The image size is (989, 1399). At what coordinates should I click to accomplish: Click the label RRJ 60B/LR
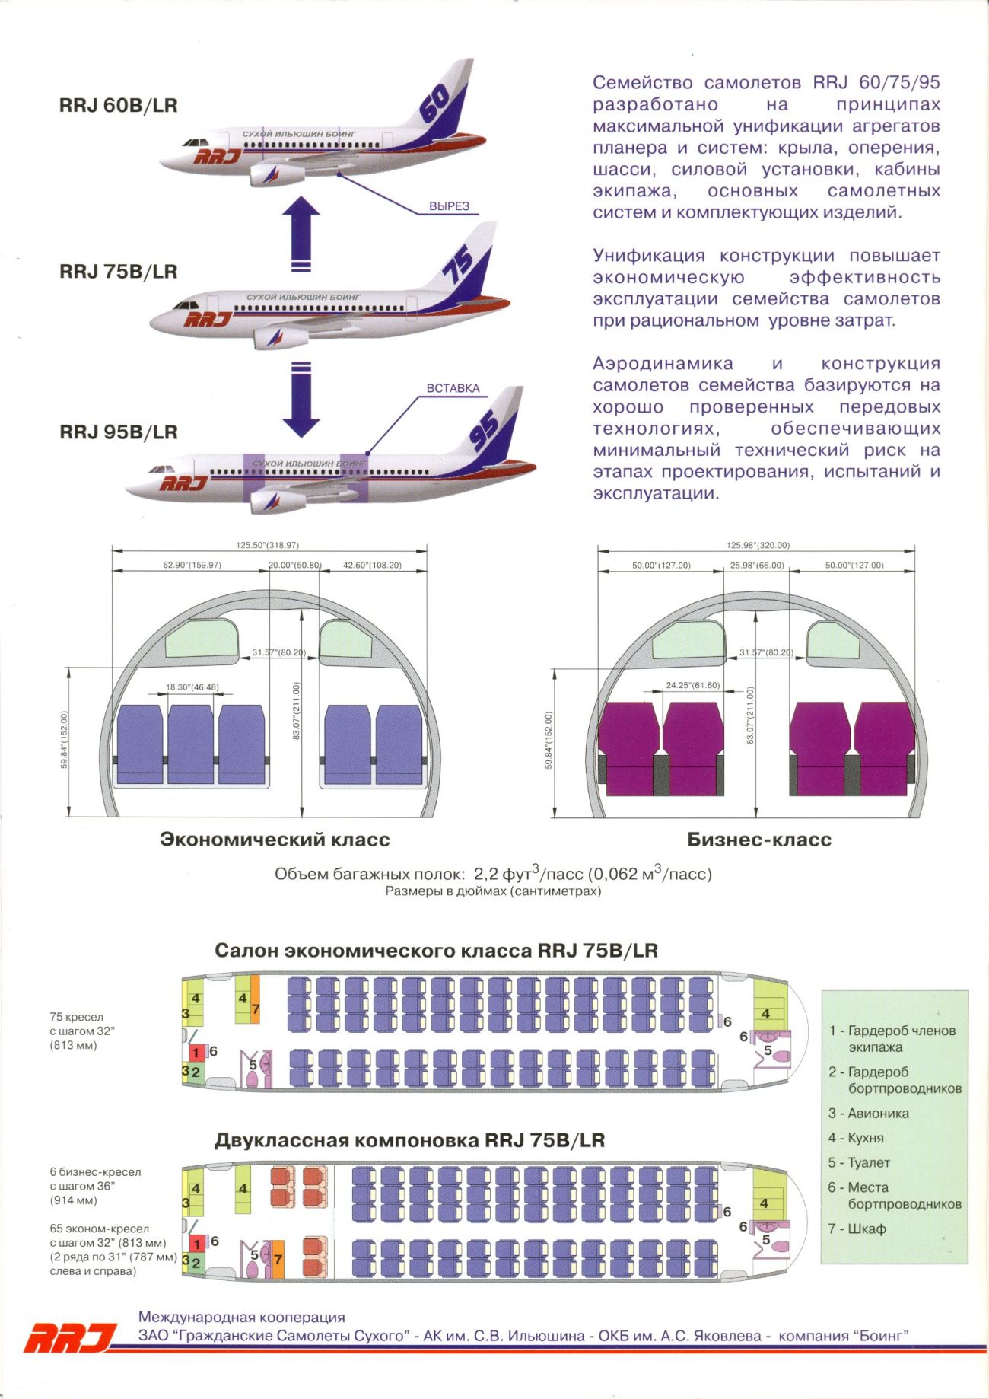click(118, 105)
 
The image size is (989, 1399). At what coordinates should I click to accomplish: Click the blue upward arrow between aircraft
click(301, 233)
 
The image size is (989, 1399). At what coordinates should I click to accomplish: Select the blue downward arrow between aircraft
click(301, 400)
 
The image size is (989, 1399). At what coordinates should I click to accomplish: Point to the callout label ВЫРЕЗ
click(449, 206)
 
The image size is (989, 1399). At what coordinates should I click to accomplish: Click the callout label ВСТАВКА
click(453, 388)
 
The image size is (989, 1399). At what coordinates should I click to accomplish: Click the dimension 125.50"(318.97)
click(267, 545)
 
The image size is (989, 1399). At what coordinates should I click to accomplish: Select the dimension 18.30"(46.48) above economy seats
click(192, 687)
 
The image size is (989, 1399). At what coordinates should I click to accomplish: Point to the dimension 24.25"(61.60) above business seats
click(692, 685)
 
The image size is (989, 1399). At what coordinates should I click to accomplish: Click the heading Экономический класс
click(275, 840)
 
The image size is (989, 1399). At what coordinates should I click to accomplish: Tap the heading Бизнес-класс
click(759, 840)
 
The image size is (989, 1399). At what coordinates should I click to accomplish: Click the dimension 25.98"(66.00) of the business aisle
click(757, 566)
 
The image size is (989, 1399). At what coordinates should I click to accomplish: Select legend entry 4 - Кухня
click(856, 1138)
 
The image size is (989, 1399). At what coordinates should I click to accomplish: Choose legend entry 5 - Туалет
click(859, 1162)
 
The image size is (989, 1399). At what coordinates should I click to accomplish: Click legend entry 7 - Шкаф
click(857, 1229)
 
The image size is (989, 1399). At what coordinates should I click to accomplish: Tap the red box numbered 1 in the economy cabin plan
click(196, 1053)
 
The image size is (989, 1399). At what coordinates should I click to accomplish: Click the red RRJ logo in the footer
click(70, 1337)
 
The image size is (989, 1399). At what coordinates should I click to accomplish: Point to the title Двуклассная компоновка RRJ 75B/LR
click(410, 1140)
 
